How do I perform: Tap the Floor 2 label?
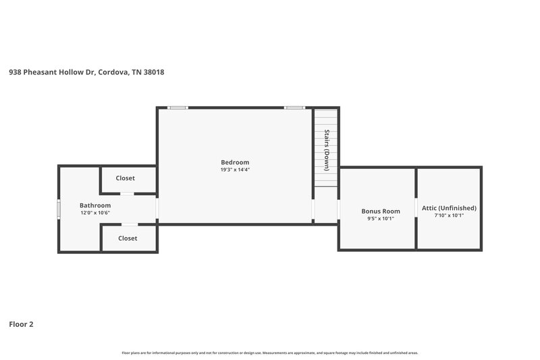point(21,324)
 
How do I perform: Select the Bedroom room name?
point(235,162)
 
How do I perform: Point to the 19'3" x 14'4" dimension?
point(235,170)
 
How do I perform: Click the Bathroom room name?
point(95,205)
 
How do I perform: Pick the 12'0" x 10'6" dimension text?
point(95,213)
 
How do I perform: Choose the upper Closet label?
point(126,178)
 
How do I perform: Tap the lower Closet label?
point(128,238)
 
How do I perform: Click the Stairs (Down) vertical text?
point(327,149)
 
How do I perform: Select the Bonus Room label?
point(381,211)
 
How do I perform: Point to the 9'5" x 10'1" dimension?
point(381,219)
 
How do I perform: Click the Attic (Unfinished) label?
point(449,208)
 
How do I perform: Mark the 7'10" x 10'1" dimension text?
point(449,215)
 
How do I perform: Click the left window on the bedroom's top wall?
point(178,107)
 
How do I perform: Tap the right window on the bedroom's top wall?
point(294,107)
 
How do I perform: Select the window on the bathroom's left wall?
point(59,209)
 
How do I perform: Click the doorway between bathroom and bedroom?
point(157,209)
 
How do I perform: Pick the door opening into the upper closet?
point(127,194)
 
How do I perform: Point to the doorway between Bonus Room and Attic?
point(416,209)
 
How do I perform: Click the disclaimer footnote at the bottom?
point(269,353)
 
